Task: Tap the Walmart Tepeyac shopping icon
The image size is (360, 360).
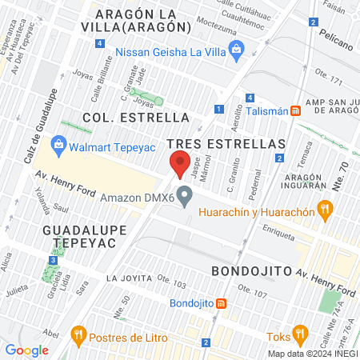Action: pyautogui.click(x=58, y=144)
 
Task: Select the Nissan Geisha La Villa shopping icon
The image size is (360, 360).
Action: pyautogui.click(x=236, y=50)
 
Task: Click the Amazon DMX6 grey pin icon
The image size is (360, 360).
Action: pyautogui.click(x=185, y=195)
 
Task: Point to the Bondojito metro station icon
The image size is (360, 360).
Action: pyautogui.click(x=221, y=304)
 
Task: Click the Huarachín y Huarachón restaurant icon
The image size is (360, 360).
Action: pyautogui.click(x=324, y=210)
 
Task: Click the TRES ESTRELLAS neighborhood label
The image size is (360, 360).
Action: pyautogui.click(x=227, y=142)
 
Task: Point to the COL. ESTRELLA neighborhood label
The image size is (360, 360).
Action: pyautogui.click(x=135, y=118)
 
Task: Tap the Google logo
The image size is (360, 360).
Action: pyautogui.click(x=27, y=350)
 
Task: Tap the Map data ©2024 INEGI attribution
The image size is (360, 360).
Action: pyautogui.click(x=312, y=354)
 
